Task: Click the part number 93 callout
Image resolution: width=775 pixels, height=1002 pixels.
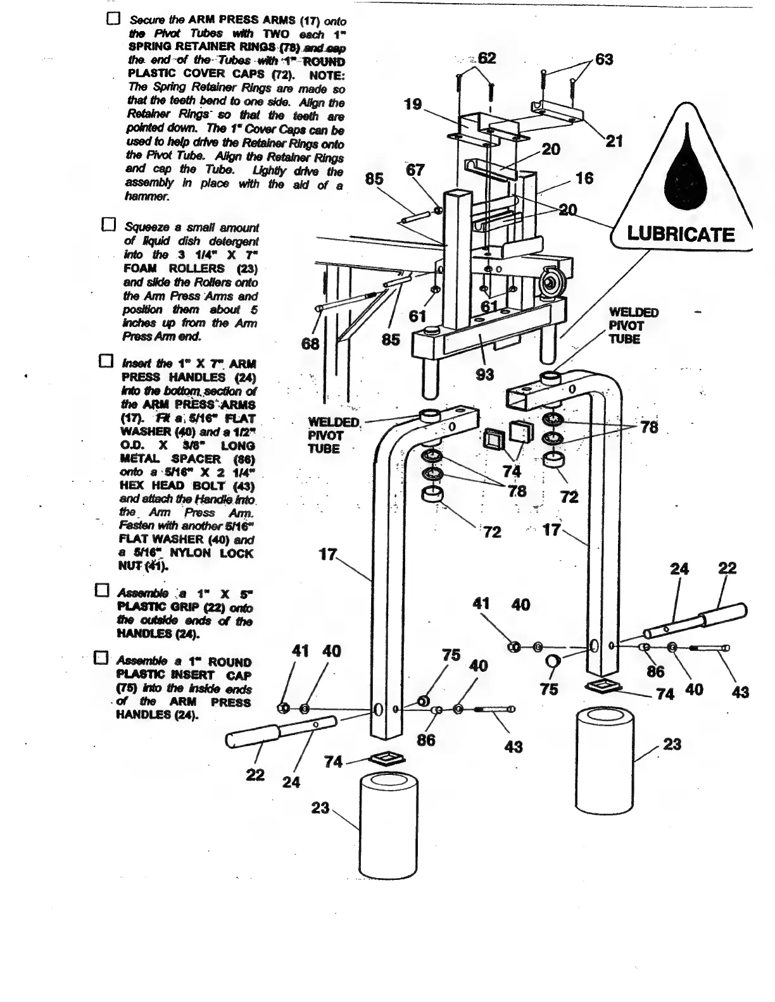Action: tap(484, 374)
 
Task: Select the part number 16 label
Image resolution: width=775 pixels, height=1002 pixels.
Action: tap(584, 178)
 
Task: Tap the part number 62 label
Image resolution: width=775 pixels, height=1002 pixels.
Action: tap(487, 58)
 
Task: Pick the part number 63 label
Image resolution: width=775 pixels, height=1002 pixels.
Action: tap(604, 59)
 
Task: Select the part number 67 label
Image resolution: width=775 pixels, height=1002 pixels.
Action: tap(415, 170)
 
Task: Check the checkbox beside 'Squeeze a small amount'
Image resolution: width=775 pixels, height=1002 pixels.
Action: tap(109, 225)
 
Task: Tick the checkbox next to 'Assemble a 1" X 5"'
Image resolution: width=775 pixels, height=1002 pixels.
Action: tap(102, 591)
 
